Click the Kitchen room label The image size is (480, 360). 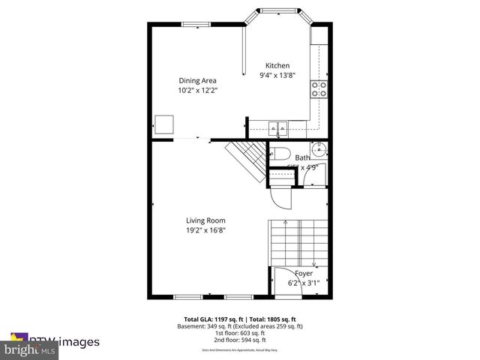(x=274, y=66)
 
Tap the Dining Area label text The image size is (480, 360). (x=196, y=81)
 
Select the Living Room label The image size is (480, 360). (x=205, y=220)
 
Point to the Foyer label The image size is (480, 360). (x=304, y=274)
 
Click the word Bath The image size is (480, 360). (x=302, y=157)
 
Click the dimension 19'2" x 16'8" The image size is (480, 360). (x=205, y=230)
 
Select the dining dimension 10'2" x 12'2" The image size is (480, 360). (x=196, y=90)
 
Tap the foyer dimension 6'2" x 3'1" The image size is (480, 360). (x=304, y=283)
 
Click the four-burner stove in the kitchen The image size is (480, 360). (x=319, y=88)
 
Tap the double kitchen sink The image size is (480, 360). (x=278, y=127)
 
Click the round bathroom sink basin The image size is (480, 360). (x=318, y=147)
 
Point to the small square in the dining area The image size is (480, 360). (x=164, y=124)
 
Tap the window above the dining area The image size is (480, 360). (x=196, y=24)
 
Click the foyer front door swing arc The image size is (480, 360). (x=282, y=277)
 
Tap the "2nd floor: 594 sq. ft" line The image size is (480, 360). (x=239, y=339)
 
